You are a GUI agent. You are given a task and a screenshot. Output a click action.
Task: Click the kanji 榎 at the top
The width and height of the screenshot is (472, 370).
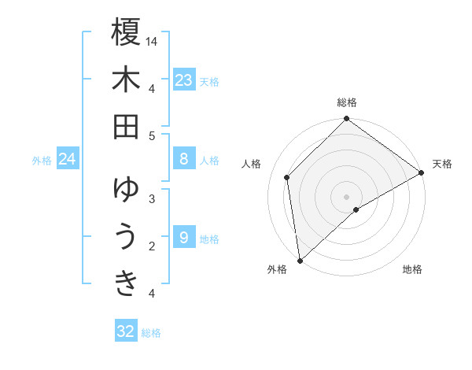point(126,32)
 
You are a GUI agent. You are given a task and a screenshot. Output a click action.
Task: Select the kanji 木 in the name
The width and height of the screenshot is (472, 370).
point(126,80)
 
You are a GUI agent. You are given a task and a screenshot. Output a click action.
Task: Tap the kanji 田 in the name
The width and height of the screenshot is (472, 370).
point(126,127)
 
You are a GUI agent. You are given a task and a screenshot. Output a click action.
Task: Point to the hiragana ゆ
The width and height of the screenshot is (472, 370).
point(126,190)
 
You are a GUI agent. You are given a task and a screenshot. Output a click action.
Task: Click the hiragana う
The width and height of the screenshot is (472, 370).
point(126,237)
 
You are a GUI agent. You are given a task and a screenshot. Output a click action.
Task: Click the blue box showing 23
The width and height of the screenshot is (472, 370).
point(184,80)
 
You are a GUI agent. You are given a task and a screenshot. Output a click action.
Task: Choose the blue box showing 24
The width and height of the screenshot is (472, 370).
point(68,160)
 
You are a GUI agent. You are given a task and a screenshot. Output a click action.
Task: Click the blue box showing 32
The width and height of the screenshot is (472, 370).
point(126,331)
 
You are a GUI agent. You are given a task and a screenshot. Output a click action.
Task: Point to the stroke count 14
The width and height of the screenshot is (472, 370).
point(153,40)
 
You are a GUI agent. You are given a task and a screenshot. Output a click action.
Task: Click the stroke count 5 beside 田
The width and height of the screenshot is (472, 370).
point(153,136)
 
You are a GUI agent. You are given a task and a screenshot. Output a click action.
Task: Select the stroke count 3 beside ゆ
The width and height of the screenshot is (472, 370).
point(152,198)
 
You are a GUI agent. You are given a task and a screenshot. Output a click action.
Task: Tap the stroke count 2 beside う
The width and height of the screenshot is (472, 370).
point(152,246)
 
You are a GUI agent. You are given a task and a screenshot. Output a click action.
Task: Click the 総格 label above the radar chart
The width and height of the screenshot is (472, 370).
point(347,102)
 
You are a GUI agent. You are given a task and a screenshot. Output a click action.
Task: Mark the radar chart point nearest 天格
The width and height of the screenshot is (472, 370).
point(422,173)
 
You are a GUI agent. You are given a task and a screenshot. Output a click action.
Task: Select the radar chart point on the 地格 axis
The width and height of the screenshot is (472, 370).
point(356,209)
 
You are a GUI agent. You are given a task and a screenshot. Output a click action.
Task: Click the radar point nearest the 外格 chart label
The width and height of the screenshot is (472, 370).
point(300,261)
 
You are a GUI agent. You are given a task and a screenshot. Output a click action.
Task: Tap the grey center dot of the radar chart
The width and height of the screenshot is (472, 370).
point(347,196)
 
